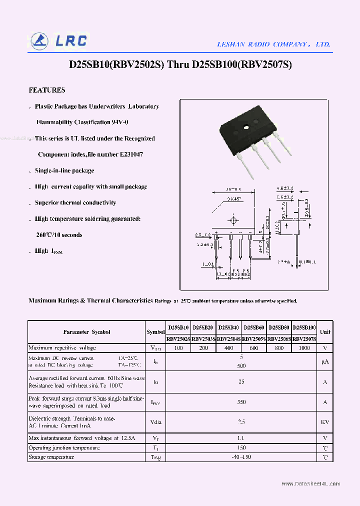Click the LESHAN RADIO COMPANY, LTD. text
pyautogui.click(x=273, y=44)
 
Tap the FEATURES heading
pyautogui.click(x=47, y=90)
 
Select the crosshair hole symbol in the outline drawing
pyautogui.click(x=233, y=220)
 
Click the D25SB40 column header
pyautogui.click(x=228, y=327)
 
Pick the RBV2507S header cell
pyautogui.click(x=304, y=338)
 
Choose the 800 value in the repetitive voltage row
pyautogui.click(x=279, y=347)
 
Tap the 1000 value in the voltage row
pyautogui.click(x=304, y=347)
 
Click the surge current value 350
pyautogui.click(x=241, y=401)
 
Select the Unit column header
pyautogui.click(x=325, y=332)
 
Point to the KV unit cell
pyautogui.click(x=325, y=422)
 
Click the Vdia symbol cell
pyautogui.click(x=155, y=422)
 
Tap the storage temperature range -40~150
pyautogui.click(x=241, y=457)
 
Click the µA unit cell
pyautogui.click(x=325, y=361)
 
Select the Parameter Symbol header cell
pyautogui.click(x=86, y=332)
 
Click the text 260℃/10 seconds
pyautogui.click(x=59, y=235)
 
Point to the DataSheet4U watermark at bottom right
pyautogui.click(x=310, y=484)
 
